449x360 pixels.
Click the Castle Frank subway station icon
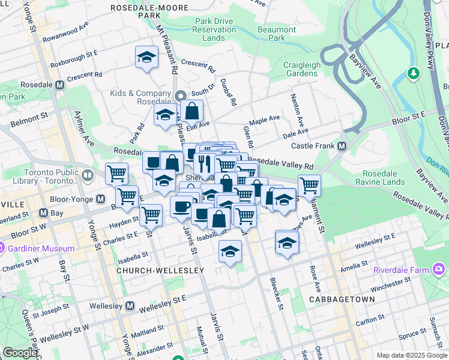pyautogui.click(x=342, y=146)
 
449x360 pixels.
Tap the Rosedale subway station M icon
pyautogui.click(x=59, y=85)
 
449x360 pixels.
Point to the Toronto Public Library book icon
pyautogui.click(x=88, y=175)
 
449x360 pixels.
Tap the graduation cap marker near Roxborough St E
pyautogui.click(x=146, y=58)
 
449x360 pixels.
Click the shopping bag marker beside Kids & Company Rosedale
pyautogui.click(x=192, y=111)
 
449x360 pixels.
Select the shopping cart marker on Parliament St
pyautogui.click(x=309, y=185)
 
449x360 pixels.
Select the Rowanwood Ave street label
pyautogui.click(x=69, y=29)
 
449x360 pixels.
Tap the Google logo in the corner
pyautogui.click(x=19, y=353)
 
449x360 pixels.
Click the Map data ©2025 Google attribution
pyautogui.click(x=411, y=355)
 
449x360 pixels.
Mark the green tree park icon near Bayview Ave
pyautogui.click(x=413, y=74)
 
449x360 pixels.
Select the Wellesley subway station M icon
pyautogui.click(x=130, y=306)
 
